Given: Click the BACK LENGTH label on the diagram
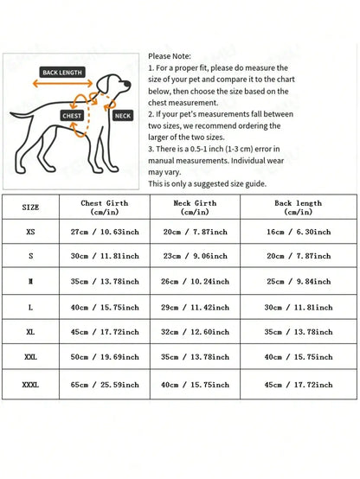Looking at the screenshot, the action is (62, 73).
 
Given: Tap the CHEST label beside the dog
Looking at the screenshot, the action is (72, 116).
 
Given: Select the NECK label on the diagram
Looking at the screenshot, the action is (123, 116).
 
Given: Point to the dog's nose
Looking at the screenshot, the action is (128, 84).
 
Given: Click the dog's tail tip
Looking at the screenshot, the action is (11, 113).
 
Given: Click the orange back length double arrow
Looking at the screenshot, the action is (62, 83).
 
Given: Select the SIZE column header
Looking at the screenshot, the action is (30, 208).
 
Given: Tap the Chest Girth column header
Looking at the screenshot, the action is (105, 208).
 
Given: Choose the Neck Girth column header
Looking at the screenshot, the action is (195, 208).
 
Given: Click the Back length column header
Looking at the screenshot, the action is (299, 208).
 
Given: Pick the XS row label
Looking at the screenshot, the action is (30, 232).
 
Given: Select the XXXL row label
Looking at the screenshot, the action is (30, 385).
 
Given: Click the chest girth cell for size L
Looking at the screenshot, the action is (105, 307).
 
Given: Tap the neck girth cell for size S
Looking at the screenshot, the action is (195, 256).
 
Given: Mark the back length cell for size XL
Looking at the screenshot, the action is (299, 332).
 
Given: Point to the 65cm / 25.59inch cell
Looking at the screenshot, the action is (105, 385).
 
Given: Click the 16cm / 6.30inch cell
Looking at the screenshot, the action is (299, 232).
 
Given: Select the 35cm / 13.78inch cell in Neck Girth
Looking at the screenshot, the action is (195, 357).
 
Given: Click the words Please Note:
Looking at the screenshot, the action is (170, 56).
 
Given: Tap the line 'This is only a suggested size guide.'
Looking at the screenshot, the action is (208, 183).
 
